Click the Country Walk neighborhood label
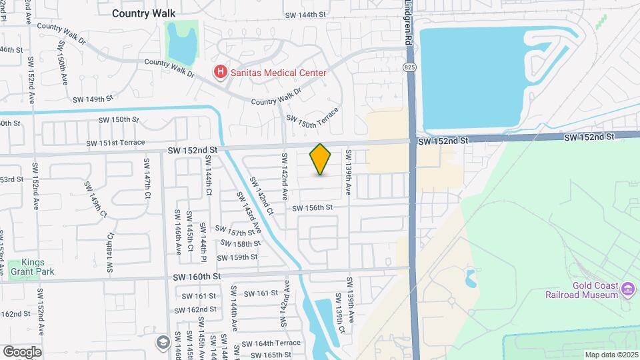[x=143, y=13]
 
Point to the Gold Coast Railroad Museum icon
[x=627, y=289]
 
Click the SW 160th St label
[x=197, y=276]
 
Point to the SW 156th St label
[x=312, y=208]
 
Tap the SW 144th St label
[x=305, y=14]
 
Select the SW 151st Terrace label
[x=115, y=143]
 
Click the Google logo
[x=22, y=351]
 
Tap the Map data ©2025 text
[x=611, y=355]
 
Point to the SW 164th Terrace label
[x=271, y=343]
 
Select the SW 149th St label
[x=89, y=99]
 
